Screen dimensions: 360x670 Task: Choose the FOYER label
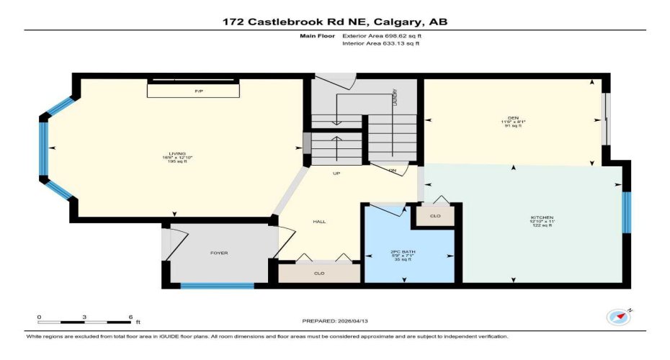219,253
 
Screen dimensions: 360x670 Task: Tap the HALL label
319,221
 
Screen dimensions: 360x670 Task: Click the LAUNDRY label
395,98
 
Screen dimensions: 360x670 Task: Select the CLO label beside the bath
434,215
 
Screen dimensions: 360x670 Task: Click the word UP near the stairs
336,174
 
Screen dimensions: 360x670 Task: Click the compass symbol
618,315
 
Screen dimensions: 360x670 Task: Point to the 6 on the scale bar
130,317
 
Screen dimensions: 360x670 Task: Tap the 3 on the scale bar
84,317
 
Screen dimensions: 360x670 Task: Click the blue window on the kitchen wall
627,212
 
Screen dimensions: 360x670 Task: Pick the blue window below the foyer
217,286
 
